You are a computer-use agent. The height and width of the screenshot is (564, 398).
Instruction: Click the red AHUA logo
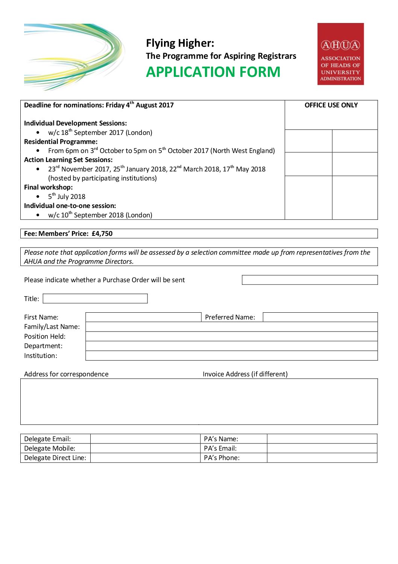(x=340, y=54)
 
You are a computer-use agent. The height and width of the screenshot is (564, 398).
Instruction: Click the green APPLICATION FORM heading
(x=213, y=72)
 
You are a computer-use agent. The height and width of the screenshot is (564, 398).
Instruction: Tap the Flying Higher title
(x=180, y=43)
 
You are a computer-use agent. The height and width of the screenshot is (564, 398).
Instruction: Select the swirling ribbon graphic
(x=74, y=57)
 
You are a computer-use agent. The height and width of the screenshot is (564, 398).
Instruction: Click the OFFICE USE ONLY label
(x=331, y=105)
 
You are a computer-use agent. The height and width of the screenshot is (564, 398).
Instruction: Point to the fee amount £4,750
(x=102, y=234)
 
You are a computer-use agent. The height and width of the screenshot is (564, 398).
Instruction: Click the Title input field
(x=95, y=299)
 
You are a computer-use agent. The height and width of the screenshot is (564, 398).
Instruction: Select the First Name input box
(x=143, y=317)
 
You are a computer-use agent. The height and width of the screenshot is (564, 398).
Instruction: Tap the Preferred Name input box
(x=320, y=317)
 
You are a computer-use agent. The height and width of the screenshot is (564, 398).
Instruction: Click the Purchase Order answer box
(x=310, y=280)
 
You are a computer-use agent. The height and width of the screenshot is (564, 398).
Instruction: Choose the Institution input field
(x=231, y=356)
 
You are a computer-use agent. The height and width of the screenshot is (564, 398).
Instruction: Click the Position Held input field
(x=231, y=336)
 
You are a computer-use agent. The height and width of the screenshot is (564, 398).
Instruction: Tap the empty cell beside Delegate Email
(x=145, y=439)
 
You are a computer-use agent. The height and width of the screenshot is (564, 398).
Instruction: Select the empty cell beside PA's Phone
(x=322, y=458)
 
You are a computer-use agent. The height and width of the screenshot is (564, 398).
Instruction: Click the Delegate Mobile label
(x=50, y=448)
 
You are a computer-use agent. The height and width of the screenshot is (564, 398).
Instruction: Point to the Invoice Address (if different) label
(x=245, y=374)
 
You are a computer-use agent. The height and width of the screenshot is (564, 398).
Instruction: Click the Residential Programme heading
(x=61, y=142)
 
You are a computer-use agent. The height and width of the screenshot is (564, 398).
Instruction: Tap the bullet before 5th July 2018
(x=38, y=197)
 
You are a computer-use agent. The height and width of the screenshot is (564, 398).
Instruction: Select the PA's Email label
(x=220, y=448)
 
